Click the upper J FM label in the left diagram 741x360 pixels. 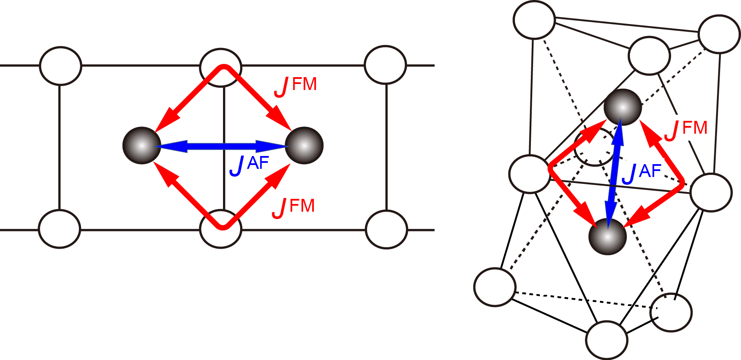296,86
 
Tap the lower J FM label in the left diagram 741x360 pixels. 294,207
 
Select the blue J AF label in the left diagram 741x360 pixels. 249,165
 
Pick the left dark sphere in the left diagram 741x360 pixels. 142,145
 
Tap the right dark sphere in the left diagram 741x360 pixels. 304,145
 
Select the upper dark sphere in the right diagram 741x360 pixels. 623,107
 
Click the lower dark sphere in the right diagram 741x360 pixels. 608,237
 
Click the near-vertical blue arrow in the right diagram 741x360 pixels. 614,171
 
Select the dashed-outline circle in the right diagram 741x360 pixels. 594,147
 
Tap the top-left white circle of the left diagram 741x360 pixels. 60,66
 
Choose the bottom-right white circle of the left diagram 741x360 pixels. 386,229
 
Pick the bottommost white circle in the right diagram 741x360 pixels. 607,340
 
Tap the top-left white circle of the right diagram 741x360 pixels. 534,20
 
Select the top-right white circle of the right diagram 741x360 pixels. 719,34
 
